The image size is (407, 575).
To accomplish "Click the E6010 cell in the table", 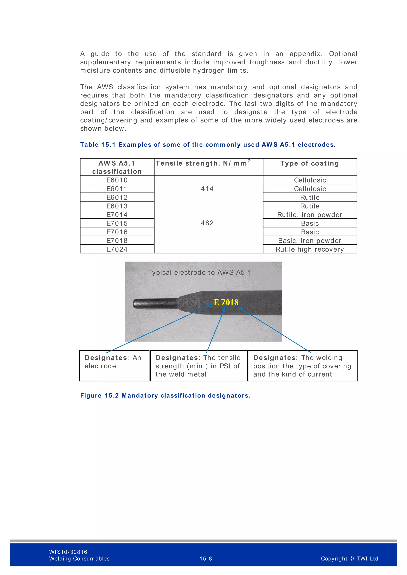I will click(117, 180).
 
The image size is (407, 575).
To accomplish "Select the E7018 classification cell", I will click(117, 241).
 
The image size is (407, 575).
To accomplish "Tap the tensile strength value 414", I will click(207, 189).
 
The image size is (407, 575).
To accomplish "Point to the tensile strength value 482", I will click(207, 223).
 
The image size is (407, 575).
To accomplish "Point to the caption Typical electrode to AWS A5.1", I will click(199, 272).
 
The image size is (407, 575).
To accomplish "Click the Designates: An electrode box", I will click(114, 366).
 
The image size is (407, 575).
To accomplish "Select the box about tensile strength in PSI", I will click(199, 366).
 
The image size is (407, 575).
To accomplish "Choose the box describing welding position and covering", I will click(302, 366).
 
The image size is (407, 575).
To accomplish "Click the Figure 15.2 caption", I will click(165, 396).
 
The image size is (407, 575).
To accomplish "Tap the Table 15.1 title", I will click(208, 145).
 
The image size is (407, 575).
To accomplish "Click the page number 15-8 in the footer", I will click(205, 559).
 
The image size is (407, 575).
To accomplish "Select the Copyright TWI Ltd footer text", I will click(349, 559).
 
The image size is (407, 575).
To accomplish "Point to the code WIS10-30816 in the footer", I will click(68, 552).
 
